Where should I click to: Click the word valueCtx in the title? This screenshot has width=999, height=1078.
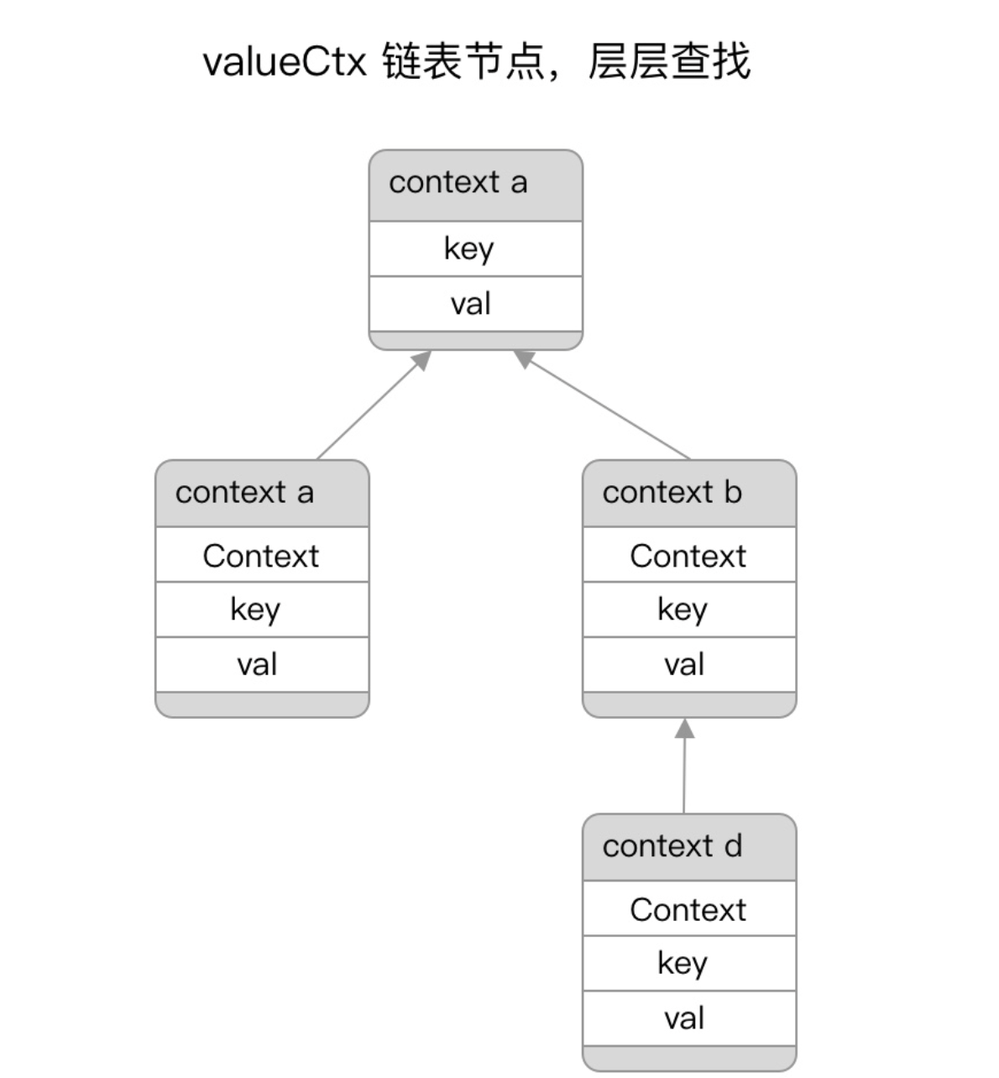click(x=285, y=61)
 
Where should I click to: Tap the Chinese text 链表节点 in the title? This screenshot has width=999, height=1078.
click(x=464, y=61)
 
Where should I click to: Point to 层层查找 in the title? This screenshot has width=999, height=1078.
click(x=669, y=61)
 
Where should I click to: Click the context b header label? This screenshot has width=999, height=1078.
click(x=672, y=492)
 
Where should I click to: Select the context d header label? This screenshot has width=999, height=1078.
click(x=672, y=845)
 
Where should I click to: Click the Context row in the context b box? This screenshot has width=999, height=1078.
click(x=688, y=556)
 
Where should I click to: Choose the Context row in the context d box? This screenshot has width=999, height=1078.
click(x=688, y=909)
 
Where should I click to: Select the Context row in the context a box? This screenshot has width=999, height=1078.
click(x=261, y=556)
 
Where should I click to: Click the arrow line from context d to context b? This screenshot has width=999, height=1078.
click(x=684, y=766)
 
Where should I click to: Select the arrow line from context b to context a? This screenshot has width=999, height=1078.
click(x=602, y=405)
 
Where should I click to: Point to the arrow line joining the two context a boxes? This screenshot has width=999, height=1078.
click(x=374, y=405)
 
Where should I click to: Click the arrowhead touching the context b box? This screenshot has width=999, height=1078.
click(x=685, y=729)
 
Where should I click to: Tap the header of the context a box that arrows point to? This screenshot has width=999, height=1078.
click(x=476, y=186)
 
